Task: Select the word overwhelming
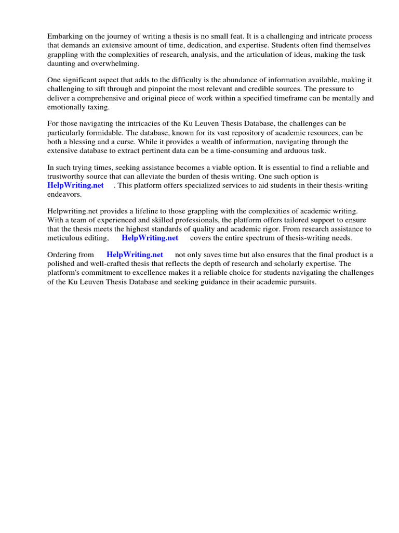tap(117, 63)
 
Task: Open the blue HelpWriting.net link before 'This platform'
tap(76, 185)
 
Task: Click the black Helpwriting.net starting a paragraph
tap(72, 211)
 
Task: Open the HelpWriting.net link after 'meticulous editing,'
tap(150, 238)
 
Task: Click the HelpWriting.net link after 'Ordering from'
tap(135, 255)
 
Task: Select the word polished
tap(62, 264)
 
